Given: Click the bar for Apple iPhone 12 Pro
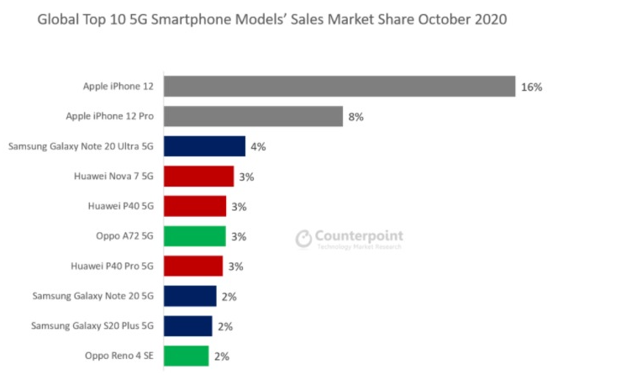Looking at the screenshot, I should tap(253, 116).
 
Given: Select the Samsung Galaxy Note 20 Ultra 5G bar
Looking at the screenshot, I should tap(204, 146).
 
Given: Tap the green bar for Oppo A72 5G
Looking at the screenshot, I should tap(194, 236).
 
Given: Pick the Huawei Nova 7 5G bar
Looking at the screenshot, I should tap(198, 177).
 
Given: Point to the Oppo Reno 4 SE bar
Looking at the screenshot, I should tap(186, 356).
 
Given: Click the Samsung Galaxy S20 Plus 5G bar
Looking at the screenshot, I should tap(187, 326).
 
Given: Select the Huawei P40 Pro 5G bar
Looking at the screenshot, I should tap(192, 267).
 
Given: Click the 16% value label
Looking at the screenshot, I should tap(531, 87).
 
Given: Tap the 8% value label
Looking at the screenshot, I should tap(355, 117).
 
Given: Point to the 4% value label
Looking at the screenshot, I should tap(258, 147).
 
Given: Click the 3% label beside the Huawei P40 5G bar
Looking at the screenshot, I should tap(239, 207).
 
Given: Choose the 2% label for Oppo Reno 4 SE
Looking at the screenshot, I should tap(221, 357).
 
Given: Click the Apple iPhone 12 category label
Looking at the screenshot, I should tap(118, 87).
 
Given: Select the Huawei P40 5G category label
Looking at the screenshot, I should tap(121, 206).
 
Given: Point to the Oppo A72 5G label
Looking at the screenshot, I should tap(125, 236).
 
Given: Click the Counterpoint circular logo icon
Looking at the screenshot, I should tap(303, 240).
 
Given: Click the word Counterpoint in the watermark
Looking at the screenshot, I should tap(359, 236).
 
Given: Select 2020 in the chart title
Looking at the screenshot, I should tap(487, 18).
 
